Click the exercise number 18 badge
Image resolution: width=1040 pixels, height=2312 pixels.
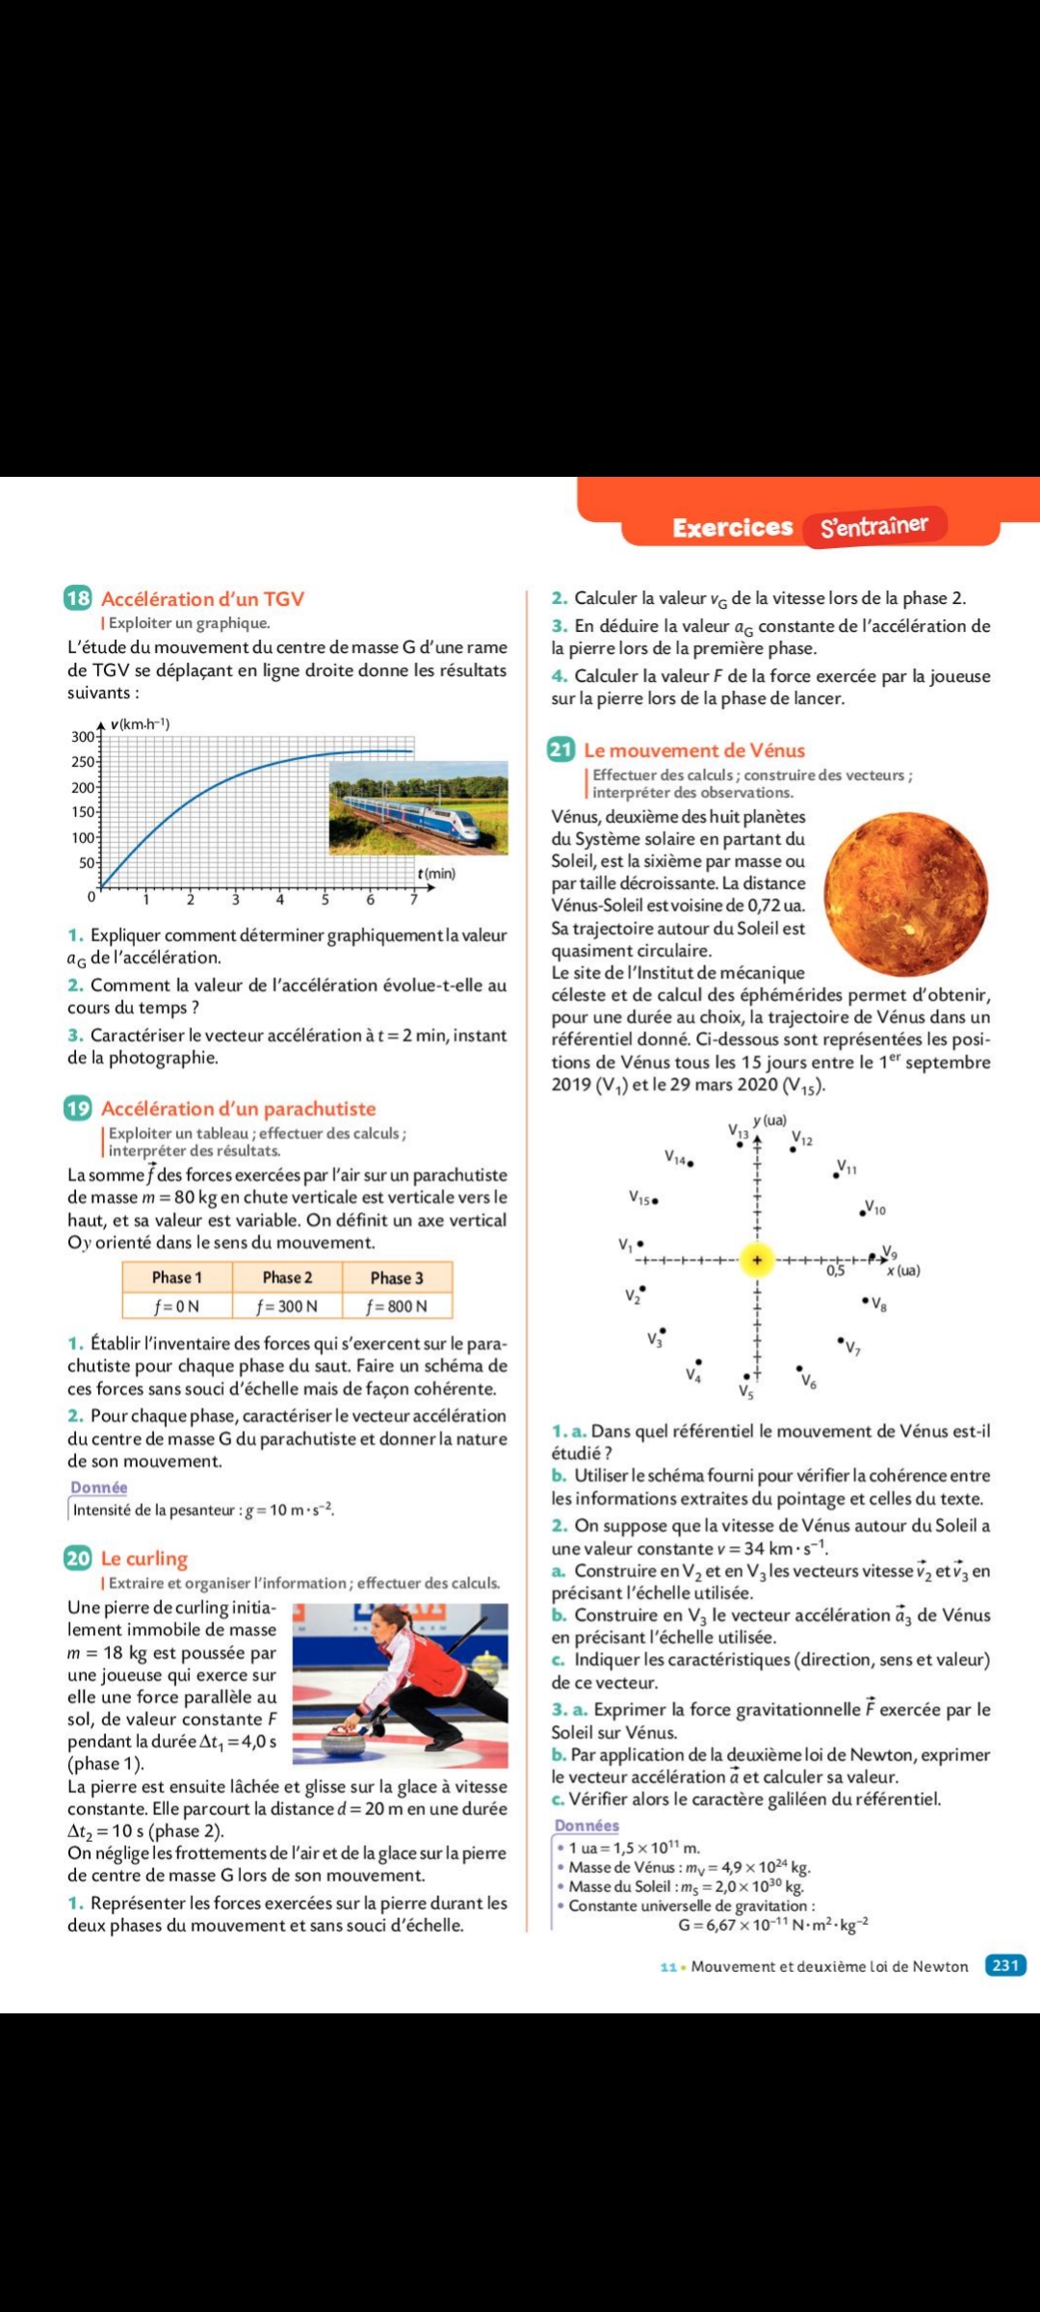[x=78, y=598]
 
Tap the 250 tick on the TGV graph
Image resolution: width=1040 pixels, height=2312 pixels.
[x=84, y=762]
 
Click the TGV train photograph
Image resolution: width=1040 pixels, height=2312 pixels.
[x=419, y=808]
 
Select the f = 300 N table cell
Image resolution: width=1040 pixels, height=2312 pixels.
[x=287, y=1306]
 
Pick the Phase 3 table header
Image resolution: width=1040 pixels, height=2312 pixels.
[x=397, y=1277]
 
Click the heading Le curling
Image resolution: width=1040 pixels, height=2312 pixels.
[x=144, y=1559]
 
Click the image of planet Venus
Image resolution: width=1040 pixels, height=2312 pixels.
[x=905, y=893]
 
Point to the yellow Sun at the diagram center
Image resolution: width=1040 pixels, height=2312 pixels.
[x=757, y=1259]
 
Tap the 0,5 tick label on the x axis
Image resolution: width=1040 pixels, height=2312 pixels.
[x=836, y=1271]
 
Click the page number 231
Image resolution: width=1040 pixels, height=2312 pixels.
[x=1005, y=1965]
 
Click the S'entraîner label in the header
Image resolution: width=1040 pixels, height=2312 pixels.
[x=874, y=526]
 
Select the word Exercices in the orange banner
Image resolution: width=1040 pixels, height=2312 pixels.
[x=732, y=527]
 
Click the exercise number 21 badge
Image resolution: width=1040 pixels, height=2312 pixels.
[x=560, y=749]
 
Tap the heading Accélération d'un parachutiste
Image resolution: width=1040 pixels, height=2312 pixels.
[x=238, y=1109]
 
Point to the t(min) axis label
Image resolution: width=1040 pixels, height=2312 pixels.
[x=436, y=874]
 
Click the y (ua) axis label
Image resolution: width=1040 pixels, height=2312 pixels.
[x=770, y=1120]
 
